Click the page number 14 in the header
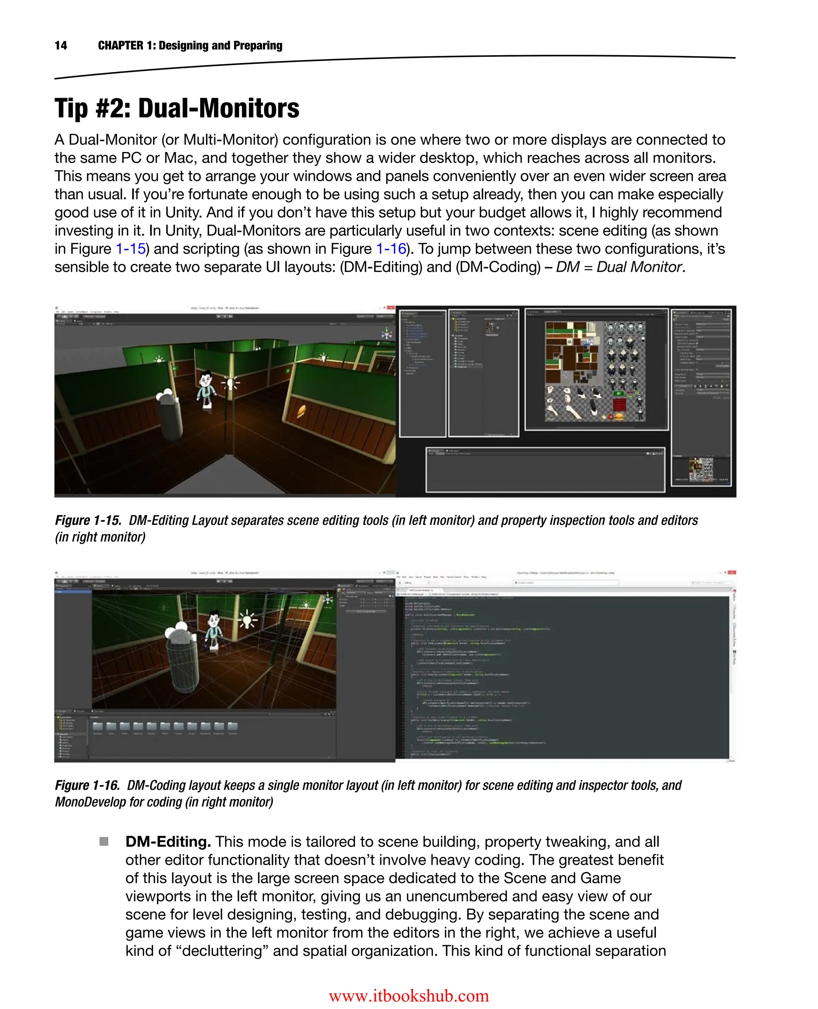(x=61, y=45)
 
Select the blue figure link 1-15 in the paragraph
(x=131, y=248)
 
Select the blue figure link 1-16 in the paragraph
(x=391, y=248)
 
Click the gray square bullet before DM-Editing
(x=104, y=841)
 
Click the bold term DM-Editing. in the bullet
(x=168, y=841)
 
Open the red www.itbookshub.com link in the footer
(x=409, y=995)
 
